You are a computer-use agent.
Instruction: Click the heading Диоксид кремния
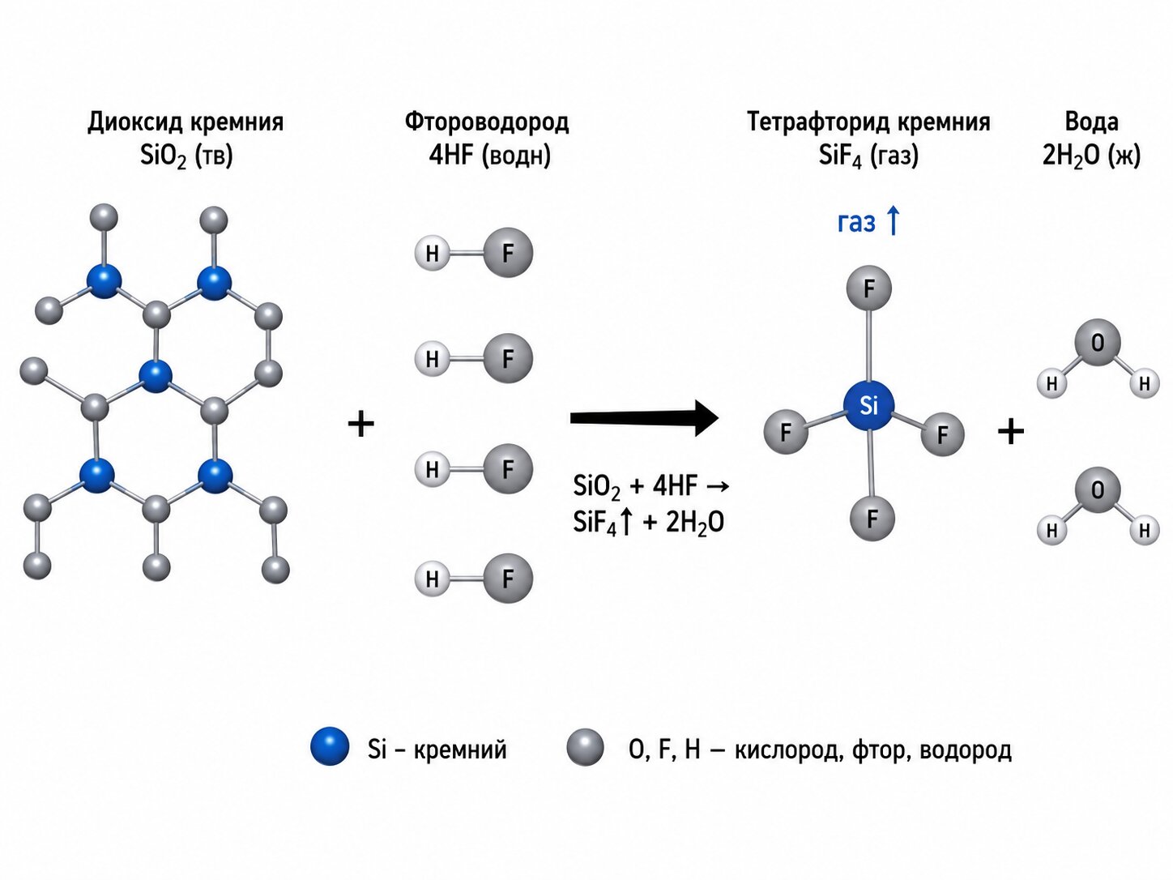coord(186,122)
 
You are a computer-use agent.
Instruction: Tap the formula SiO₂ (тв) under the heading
coord(186,156)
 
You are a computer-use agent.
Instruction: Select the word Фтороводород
coord(487,122)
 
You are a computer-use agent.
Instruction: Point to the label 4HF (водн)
coord(489,156)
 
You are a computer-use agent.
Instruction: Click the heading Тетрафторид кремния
coord(868,122)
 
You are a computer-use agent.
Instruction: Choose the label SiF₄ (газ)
coord(868,156)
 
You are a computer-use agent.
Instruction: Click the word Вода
coord(1091,122)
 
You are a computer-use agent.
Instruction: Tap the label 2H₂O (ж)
coord(1091,156)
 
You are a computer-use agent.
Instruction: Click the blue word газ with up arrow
coord(868,221)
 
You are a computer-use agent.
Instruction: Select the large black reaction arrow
coord(645,418)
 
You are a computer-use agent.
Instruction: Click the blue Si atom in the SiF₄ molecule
coord(869,407)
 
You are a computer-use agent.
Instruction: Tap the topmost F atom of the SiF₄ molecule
coord(869,288)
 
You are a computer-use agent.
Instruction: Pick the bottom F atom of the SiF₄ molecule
coord(872,519)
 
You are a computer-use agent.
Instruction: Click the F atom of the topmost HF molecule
coord(508,253)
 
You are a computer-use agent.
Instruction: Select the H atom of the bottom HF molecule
coord(433,578)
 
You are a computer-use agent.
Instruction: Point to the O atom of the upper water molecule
coord(1097,343)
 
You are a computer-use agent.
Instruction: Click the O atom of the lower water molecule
coord(1097,490)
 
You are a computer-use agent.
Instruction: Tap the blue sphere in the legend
coord(330,745)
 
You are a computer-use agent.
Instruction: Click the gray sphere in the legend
coord(586,747)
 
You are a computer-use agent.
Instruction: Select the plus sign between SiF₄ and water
coord(1010,432)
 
